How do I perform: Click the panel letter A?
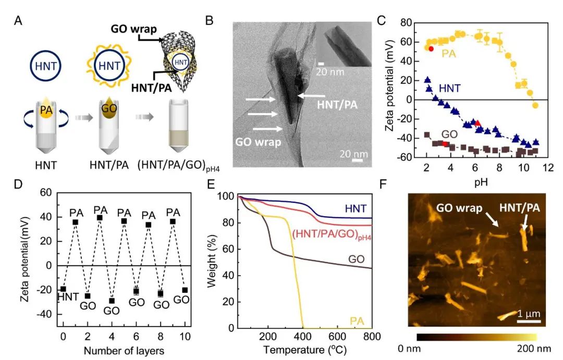[19, 21]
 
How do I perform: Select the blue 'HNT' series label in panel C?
[449, 89]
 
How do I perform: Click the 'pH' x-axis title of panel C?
[482, 183]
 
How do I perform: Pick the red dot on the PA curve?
[431, 48]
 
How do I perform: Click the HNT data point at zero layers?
[63, 289]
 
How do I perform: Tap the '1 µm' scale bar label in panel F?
[529, 314]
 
